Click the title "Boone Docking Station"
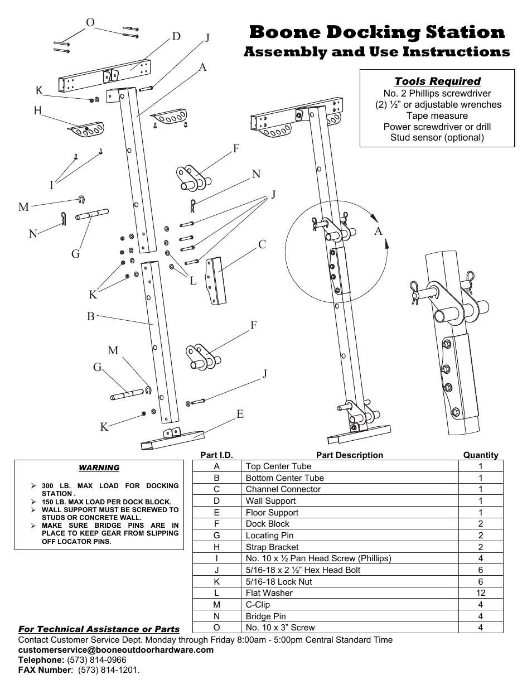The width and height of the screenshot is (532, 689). tap(377, 32)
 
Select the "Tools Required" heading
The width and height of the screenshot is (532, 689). tap(437, 81)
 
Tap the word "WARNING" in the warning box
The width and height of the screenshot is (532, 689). tap(99, 468)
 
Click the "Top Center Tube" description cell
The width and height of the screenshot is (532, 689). tap(278, 466)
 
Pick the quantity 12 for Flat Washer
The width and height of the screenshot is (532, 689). tap(481, 593)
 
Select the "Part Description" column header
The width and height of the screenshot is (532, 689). tap(349, 455)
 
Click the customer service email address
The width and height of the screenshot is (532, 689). tap(116, 650)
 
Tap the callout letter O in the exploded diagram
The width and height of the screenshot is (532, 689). tap(90, 22)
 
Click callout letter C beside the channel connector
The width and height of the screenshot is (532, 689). tap(262, 244)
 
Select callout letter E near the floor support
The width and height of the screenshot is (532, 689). tap(240, 414)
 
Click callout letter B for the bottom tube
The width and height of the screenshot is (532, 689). tap(90, 316)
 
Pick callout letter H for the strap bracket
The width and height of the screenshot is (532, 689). tap(38, 110)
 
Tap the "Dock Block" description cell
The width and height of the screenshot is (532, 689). tap(267, 524)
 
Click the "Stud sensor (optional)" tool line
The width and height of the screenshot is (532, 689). tap(437, 138)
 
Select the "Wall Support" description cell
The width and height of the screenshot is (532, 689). tap(270, 501)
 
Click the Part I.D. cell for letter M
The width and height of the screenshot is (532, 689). tap(216, 605)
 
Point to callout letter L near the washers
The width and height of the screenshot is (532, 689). tap(193, 281)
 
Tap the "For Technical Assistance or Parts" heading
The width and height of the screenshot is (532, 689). tap(99, 629)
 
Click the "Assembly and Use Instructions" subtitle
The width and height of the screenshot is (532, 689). tap(377, 52)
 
